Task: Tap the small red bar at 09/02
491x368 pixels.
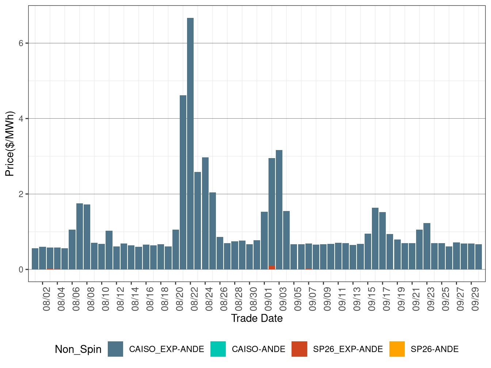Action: pos(272,268)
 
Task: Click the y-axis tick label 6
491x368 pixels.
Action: pos(21,43)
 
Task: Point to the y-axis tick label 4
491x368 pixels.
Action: pos(21,119)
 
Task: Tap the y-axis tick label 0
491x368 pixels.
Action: pos(21,269)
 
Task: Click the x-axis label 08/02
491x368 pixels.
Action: pos(47,299)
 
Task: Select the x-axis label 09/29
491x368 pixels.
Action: pos(475,299)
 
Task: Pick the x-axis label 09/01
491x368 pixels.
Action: pos(268,299)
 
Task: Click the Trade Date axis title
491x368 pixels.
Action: pos(257,318)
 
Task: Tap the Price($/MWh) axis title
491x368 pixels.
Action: pos(9,143)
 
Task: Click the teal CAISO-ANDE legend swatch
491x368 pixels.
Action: pos(218,349)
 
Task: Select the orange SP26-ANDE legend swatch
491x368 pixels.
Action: pos(397,349)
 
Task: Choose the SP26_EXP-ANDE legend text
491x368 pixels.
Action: pos(348,349)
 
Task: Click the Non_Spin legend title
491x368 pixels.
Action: pos(78,349)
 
